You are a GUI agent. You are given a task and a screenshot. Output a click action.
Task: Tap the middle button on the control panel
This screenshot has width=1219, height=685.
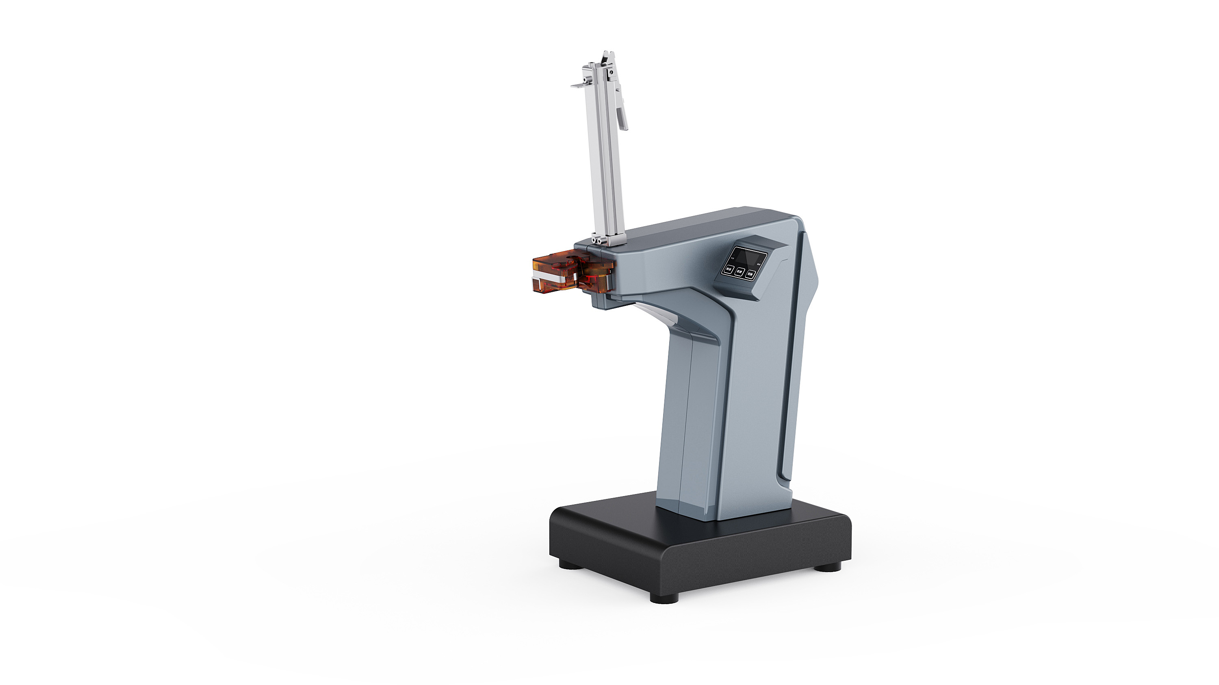pos(739,272)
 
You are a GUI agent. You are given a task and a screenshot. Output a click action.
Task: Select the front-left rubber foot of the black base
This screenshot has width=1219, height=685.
pos(664,598)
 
